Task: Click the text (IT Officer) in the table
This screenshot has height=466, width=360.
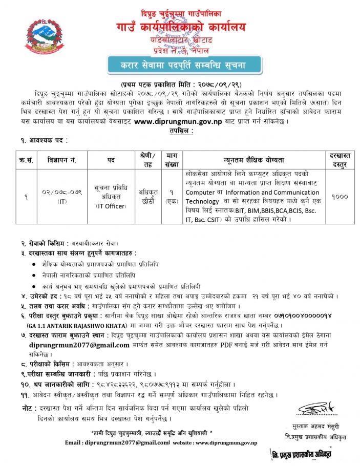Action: pos(111,205)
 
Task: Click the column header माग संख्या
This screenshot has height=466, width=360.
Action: pos(172,160)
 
